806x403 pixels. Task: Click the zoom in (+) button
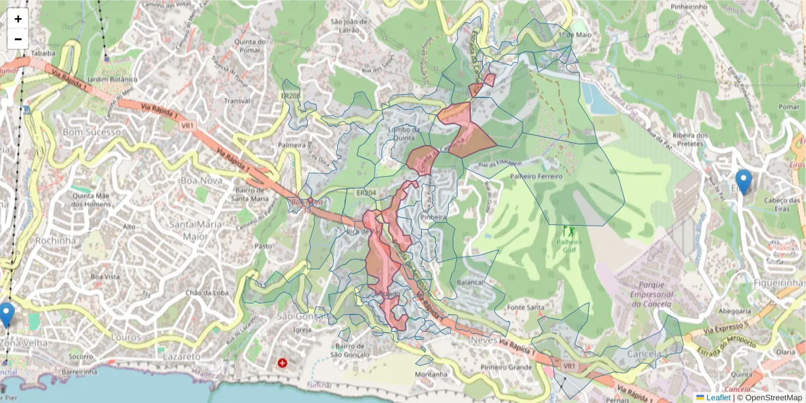(x=18, y=19)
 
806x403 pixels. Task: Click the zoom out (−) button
(x=18, y=39)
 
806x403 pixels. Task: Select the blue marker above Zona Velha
(x=7, y=314)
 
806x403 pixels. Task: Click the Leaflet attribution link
(x=718, y=398)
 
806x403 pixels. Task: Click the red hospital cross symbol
(x=282, y=363)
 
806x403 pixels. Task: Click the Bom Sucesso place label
(x=93, y=132)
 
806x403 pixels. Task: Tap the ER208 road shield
(x=291, y=96)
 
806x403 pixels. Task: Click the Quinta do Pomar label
(x=247, y=46)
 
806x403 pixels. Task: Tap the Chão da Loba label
(x=206, y=292)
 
